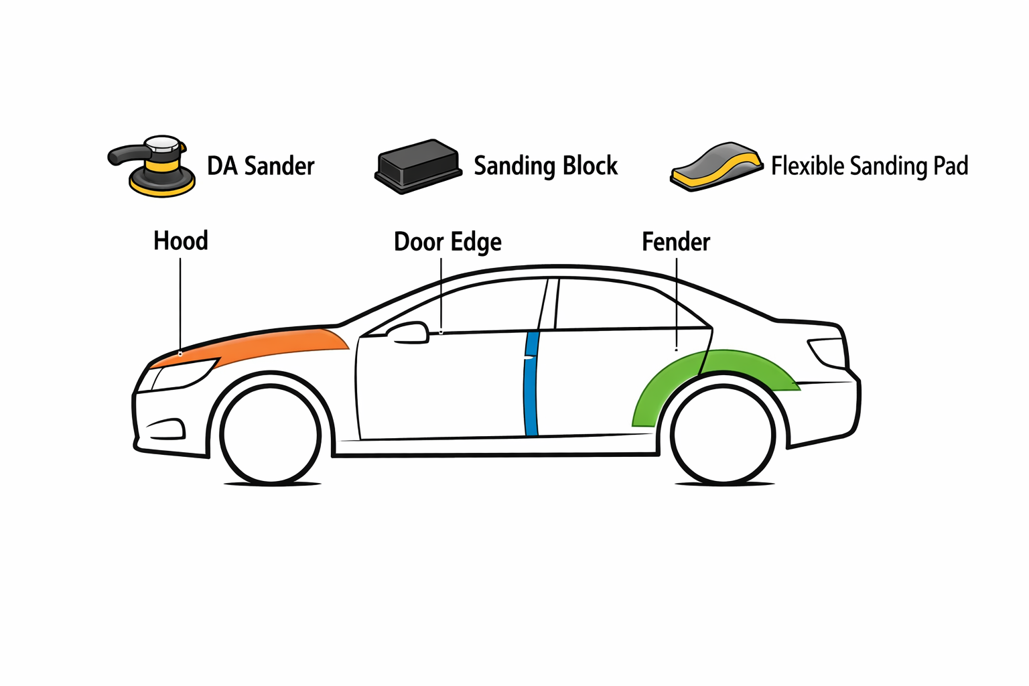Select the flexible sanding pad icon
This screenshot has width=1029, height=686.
click(x=716, y=166)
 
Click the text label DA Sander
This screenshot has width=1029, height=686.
click(x=261, y=166)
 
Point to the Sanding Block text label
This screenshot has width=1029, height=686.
click(x=545, y=166)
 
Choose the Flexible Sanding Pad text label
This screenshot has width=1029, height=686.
click(x=869, y=166)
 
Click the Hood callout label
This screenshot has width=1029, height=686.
click(x=181, y=241)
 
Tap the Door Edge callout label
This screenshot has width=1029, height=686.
click(x=448, y=242)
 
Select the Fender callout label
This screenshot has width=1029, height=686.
click(x=676, y=242)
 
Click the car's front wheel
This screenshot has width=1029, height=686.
click(x=271, y=434)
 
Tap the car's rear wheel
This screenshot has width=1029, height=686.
click(x=724, y=434)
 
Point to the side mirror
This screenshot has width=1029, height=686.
click(x=409, y=333)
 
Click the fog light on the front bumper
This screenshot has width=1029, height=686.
click(x=165, y=429)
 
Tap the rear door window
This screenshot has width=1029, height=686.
click(x=616, y=305)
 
